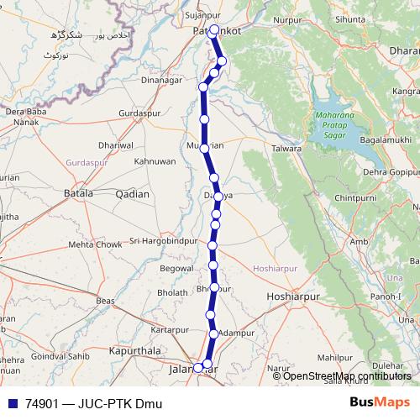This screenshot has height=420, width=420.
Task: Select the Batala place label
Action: [x=78, y=194]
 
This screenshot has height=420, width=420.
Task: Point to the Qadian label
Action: [x=132, y=194]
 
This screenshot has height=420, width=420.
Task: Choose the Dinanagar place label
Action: [x=162, y=81]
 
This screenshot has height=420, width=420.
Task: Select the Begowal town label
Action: [x=176, y=269]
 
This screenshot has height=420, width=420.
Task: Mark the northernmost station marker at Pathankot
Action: [x=214, y=30]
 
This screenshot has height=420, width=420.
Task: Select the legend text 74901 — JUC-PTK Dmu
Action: [x=93, y=404]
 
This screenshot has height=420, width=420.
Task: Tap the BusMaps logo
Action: [x=380, y=403]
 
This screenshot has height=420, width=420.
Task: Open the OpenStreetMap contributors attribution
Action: [x=347, y=375]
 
